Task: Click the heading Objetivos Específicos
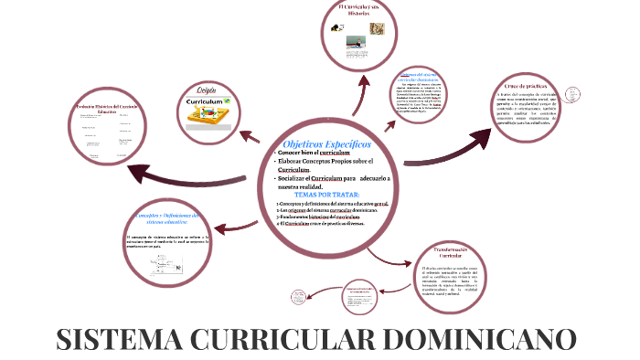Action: [327, 143]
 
